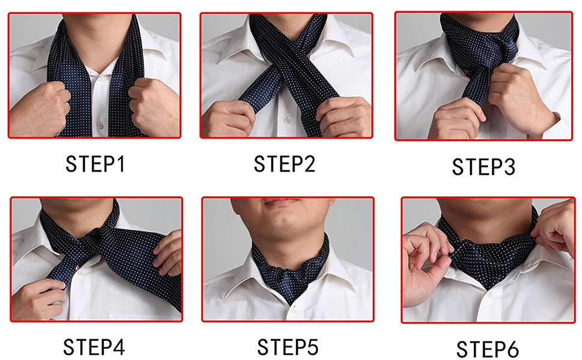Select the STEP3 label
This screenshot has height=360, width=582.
483,167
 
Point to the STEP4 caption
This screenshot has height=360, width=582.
94,346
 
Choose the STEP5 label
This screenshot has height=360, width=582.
287,347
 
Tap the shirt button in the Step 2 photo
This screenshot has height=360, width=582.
287,121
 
